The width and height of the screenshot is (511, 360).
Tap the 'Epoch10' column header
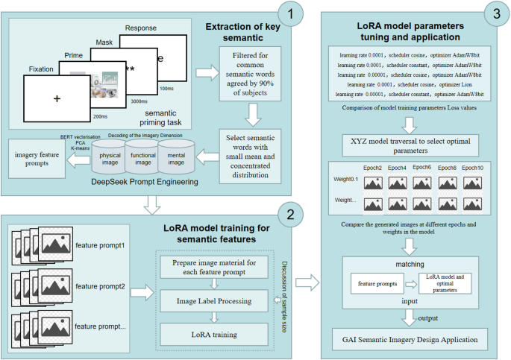(x=471, y=167)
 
